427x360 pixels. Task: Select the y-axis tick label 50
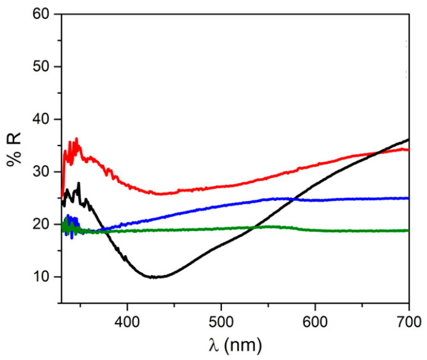44,67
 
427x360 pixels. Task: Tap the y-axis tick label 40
44,119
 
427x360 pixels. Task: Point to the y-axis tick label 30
44,172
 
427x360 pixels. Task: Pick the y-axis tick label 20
44,224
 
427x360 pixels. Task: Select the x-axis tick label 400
127,319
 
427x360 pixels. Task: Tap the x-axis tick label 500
221,319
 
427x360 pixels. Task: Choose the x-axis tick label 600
315,319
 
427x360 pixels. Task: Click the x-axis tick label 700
409,319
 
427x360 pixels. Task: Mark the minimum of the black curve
154,277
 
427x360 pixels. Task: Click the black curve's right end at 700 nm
409,139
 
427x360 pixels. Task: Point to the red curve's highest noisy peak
76,139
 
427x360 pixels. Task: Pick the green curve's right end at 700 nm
409,231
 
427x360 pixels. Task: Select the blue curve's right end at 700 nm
409,198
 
